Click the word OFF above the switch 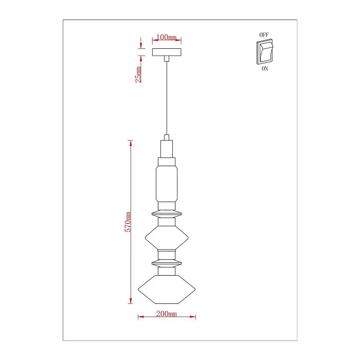tap(264, 34)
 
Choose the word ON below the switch tap(264, 68)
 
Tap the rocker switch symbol tap(264, 51)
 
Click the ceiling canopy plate tap(167, 52)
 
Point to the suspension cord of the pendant tap(167, 98)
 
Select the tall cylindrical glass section tap(167, 183)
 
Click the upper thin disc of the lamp tap(167, 212)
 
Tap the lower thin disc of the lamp tap(167, 262)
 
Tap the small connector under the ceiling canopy tap(167, 59)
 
